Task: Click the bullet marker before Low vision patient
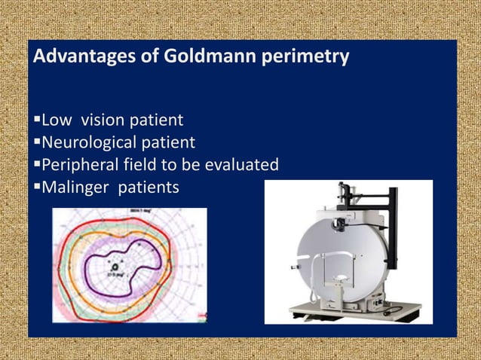tap(37, 121)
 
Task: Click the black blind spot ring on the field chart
tap(115, 266)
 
